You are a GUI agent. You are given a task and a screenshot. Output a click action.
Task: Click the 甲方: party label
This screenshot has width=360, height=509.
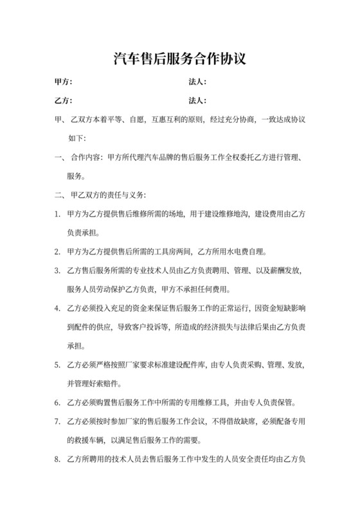[63, 83]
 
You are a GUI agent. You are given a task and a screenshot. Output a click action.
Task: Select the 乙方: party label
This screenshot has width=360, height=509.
[63, 101]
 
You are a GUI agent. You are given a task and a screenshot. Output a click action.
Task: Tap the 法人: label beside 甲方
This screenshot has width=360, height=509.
[197, 83]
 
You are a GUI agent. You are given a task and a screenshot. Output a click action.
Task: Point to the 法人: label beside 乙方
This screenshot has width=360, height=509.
[197, 101]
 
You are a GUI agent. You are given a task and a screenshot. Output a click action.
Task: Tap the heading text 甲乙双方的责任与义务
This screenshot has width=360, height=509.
[109, 193]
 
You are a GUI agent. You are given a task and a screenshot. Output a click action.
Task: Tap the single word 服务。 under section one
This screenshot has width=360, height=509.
[76, 175]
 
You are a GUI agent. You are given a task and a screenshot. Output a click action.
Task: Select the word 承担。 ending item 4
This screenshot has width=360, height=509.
[76, 344]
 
